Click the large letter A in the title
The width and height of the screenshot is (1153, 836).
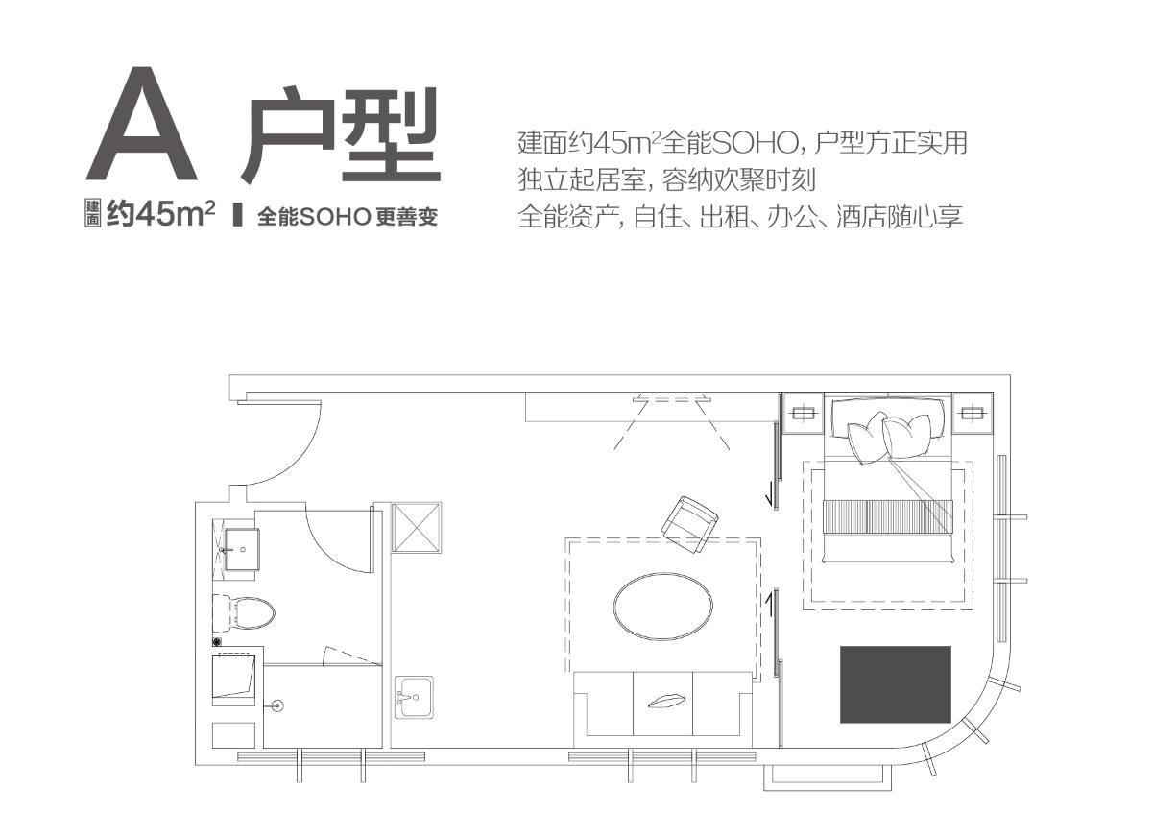[x=141, y=124]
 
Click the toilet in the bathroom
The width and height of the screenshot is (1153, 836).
[x=244, y=612]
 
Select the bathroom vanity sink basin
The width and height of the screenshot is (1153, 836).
[x=242, y=549]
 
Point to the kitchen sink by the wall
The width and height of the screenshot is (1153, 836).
[x=414, y=697]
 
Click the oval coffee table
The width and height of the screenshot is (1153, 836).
[x=663, y=607]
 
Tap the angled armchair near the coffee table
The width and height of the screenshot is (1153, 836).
[x=689, y=524]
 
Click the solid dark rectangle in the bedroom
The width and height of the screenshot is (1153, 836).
[x=896, y=684]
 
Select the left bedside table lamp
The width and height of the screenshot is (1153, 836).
[x=803, y=413]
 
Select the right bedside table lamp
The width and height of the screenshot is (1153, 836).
[x=972, y=413]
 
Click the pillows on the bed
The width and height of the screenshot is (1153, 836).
[x=889, y=438]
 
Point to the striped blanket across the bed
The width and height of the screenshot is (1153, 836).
[x=888, y=516]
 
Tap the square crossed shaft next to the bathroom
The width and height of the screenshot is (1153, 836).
[x=417, y=527]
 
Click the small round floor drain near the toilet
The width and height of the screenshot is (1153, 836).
[x=217, y=641]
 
